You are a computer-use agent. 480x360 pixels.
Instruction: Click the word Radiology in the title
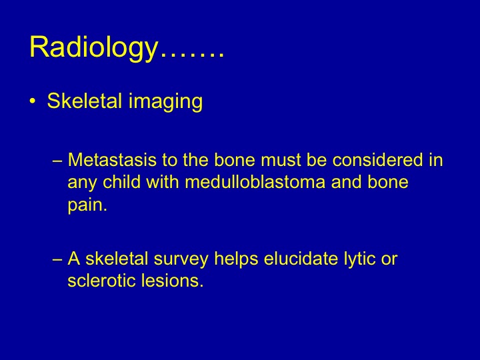93,48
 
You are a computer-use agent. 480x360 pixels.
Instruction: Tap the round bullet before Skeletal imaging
33,101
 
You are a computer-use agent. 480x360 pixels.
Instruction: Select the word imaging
165,101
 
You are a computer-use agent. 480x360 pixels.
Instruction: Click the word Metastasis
112,160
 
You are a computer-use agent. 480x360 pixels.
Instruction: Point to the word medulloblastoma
255,182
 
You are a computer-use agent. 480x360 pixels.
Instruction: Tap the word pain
87,205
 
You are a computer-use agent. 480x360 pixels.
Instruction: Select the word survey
181,259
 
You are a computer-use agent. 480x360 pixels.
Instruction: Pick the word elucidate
301,259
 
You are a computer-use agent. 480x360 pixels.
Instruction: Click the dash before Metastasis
57,161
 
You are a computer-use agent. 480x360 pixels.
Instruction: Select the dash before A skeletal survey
57,259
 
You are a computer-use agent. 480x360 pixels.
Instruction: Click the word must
281,161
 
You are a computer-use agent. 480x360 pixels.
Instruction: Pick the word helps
236,259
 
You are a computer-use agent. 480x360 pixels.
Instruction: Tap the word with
163,182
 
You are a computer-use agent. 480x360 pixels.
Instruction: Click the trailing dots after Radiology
192,54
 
